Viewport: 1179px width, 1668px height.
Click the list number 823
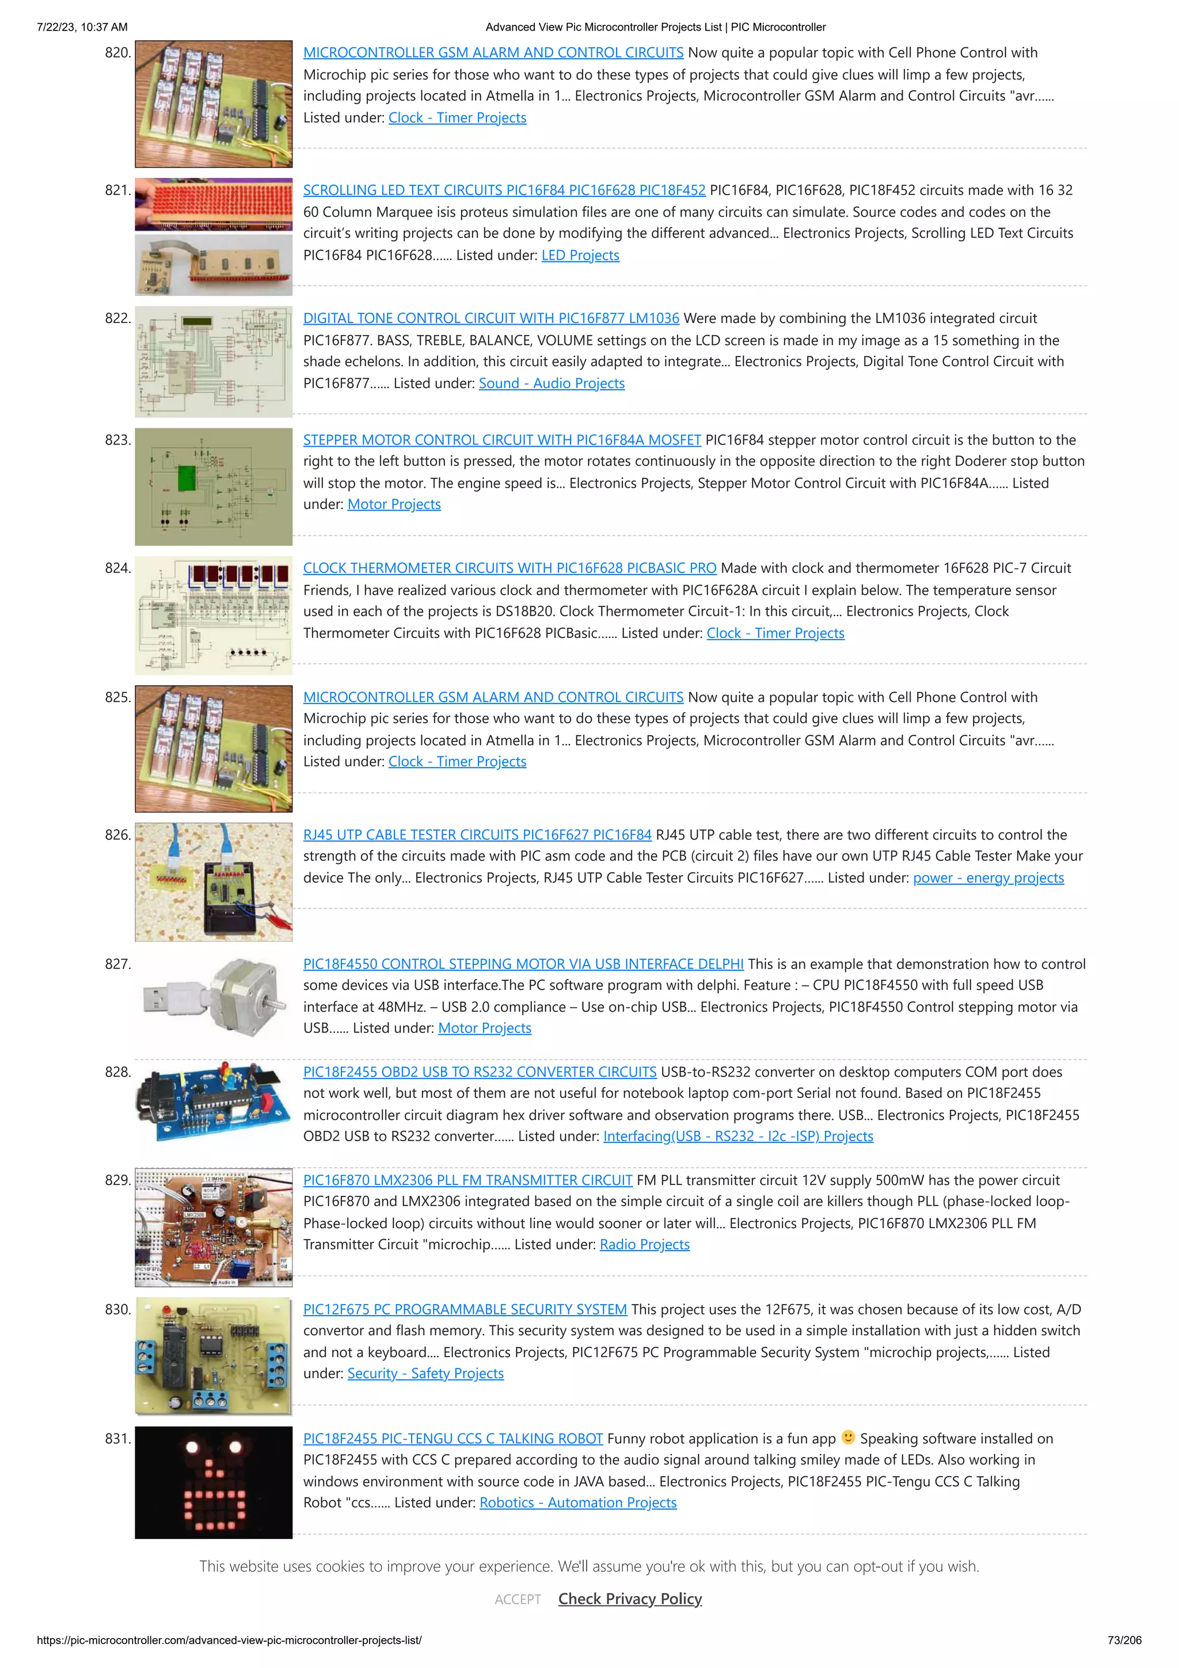click(x=117, y=439)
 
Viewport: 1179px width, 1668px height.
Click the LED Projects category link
click(x=580, y=255)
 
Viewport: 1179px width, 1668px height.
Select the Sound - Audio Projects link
click(x=552, y=383)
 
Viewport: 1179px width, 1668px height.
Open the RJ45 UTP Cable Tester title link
click(x=477, y=835)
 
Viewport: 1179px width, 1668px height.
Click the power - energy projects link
click(x=988, y=877)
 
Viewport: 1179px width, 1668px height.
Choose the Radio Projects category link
click(x=644, y=1244)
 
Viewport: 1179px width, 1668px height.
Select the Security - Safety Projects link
click(x=425, y=1373)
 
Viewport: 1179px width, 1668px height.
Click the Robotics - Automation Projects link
click(x=577, y=1502)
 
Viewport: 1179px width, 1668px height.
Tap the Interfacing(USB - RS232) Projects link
click(x=737, y=1136)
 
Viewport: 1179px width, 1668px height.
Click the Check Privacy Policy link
click(x=630, y=1598)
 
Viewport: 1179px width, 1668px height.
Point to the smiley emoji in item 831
click(x=848, y=1437)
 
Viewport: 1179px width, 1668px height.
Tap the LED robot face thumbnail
click(x=214, y=1482)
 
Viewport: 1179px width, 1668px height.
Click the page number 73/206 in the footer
click(x=1124, y=1640)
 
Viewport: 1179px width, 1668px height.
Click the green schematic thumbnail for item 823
click(x=214, y=486)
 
